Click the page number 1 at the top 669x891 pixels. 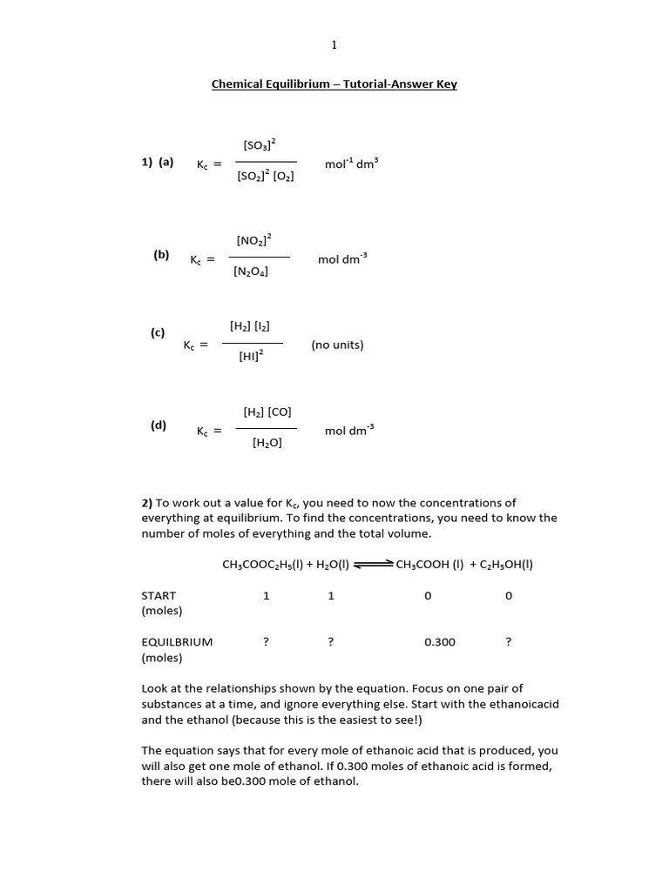click(334, 45)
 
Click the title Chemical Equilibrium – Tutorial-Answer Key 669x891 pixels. click(334, 84)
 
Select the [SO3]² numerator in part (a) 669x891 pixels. click(260, 144)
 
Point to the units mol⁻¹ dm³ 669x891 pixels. click(351, 163)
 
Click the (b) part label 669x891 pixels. click(161, 255)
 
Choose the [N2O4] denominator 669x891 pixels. click(251, 271)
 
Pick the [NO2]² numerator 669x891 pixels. click(253, 239)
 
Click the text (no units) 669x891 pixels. click(337, 345)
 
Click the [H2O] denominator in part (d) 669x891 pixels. click(267, 443)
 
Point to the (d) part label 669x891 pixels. click(158, 425)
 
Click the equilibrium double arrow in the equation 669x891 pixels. click(374, 565)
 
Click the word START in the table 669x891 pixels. click(159, 596)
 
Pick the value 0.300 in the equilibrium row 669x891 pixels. click(439, 642)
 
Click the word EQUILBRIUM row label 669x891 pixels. click(177, 642)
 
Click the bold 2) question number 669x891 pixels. click(146, 503)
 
